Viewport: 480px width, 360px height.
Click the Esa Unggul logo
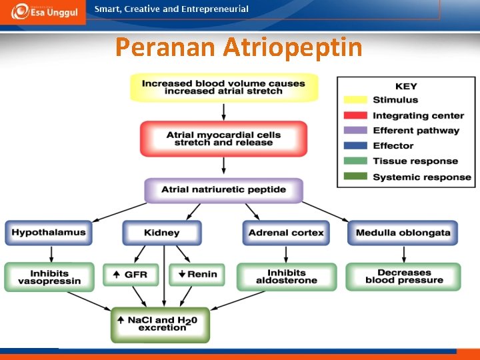(43, 12)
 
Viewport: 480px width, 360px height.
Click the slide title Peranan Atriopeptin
(239, 47)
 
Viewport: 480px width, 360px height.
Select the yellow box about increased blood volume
(223, 87)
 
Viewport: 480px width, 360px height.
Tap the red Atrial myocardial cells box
(223, 139)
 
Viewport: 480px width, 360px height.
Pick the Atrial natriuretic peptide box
(223, 190)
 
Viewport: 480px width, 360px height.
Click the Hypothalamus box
(49, 233)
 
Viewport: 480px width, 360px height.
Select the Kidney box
(162, 233)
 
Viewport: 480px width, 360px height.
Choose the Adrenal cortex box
(286, 233)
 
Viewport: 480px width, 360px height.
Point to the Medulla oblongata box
(403, 233)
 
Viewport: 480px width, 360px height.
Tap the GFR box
(131, 274)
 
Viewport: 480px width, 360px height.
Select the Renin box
(197, 274)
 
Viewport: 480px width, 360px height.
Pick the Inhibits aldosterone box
(286, 277)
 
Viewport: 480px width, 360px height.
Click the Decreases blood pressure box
(403, 277)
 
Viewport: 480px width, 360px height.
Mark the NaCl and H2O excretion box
(160, 324)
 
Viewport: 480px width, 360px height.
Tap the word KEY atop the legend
(406, 86)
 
